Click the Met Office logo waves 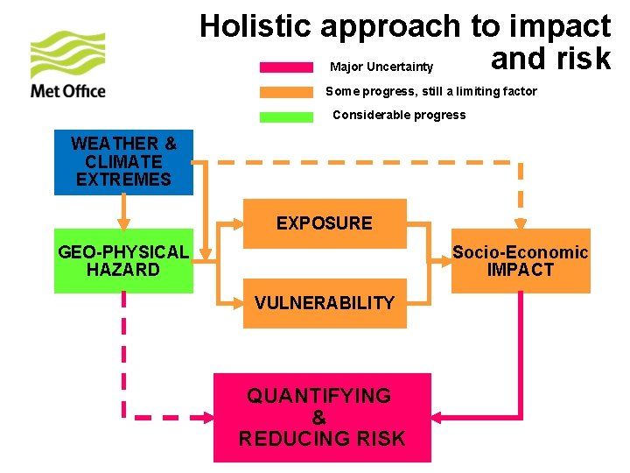click(67, 54)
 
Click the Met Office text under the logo click(67, 90)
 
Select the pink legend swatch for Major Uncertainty click(286, 67)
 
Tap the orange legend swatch click(286, 91)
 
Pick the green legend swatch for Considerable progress click(286, 116)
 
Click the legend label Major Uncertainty click(381, 67)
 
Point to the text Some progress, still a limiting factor click(431, 91)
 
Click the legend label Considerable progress click(400, 115)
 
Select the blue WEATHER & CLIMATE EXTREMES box click(123, 162)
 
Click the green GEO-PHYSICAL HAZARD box click(123, 261)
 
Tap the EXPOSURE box click(325, 223)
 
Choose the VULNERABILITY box click(325, 303)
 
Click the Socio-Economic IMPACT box click(521, 261)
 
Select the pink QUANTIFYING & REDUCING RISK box click(322, 418)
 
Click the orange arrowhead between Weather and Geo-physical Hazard click(123, 222)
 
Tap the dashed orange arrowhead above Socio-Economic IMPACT click(521, 222)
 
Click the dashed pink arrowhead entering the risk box click(206, 417)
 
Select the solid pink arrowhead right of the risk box click(439, 417)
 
